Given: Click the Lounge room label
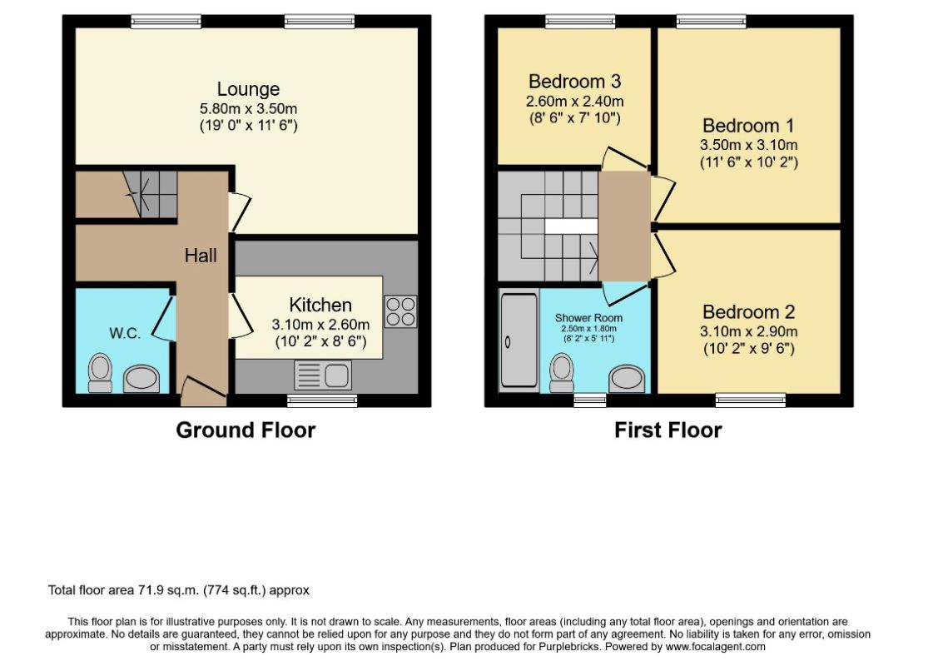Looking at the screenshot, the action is (x=248, y=89).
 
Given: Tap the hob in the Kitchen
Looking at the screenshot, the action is (x=400, y=312).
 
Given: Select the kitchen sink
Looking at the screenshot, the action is (x=322, y=375).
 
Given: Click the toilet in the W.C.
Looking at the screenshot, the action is (x=100, y=373).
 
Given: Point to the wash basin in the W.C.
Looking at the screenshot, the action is (x=141, y=379).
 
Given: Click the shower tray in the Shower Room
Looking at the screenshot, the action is (x=519, y=340).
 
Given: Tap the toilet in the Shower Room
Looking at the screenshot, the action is (x=561, y=373).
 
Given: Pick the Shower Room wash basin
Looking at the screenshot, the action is (x=627, y=379).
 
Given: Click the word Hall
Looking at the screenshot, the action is (x=201, y=256).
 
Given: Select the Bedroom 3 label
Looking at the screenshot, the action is (x=575, y=81).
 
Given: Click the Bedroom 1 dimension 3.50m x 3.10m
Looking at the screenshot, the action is (x=748, y=145).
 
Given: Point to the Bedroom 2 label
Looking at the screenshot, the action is (x=748, y=312).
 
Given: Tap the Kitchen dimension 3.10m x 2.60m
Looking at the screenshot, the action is (x=320, y=325).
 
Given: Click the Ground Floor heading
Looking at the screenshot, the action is (x=246, y=430).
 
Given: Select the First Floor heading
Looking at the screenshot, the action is (x=668, y=430).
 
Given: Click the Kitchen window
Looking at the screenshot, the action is (x=322, y=400).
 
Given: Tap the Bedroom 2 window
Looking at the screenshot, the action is (x=751, y=400).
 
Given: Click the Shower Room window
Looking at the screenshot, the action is (x=589, y=400).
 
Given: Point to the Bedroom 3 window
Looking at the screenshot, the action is (x=580, y=22).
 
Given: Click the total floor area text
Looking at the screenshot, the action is (x=178, y=590).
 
